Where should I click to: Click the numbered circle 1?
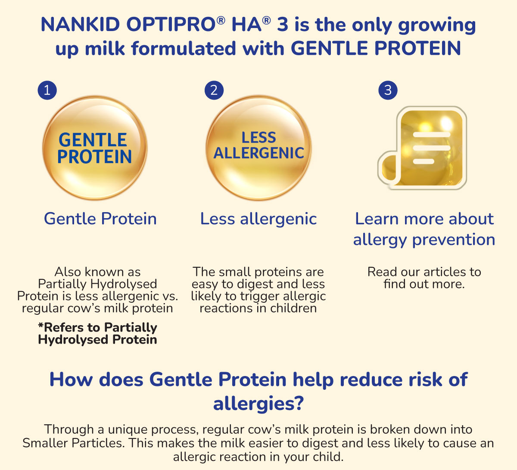point(47,90)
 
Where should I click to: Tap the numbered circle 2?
point(214,90)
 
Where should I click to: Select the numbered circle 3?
point(388,90)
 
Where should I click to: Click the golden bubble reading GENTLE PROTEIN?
point(95,148)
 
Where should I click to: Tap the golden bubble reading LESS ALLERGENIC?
point(258,148)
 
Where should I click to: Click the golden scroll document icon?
point(423,148)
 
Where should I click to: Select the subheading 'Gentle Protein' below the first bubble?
point(100,219)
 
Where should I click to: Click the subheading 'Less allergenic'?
point(258,219)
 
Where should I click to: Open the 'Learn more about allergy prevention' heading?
point(424,229)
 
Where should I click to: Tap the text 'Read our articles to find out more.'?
point(424,278)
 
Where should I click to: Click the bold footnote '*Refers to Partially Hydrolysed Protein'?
point(98,333)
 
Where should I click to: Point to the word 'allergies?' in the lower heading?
point(258,404)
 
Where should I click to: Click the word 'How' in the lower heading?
point(71,379)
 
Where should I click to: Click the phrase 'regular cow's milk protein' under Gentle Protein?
point(97,308)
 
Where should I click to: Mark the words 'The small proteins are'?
point(258,272)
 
